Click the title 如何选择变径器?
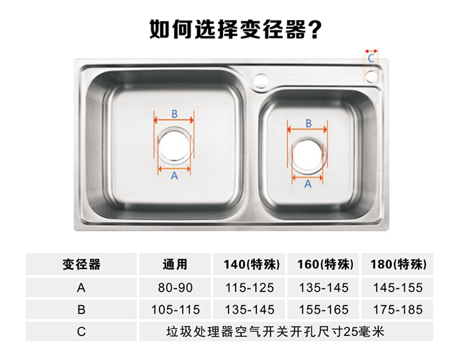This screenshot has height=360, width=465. coord(235,30)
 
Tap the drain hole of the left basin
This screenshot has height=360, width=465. coord(174,146)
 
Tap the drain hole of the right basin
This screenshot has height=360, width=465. coord(307,155)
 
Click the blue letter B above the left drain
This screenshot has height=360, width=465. coord(174,114)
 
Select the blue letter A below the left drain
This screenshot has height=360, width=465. coord(174,175)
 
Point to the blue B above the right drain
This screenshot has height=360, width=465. coord(309,123)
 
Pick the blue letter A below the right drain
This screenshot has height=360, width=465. coord(308,184)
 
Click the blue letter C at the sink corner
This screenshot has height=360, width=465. coord(371,58)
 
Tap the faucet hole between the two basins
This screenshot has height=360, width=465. coord(261,80)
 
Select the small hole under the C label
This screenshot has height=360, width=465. coord(371,76)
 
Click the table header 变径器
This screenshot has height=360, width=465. coord(81,265)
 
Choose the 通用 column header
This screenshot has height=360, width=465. coord(175,265)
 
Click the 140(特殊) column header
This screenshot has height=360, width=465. coord(251,265)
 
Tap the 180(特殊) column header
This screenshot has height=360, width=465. coord(398,265)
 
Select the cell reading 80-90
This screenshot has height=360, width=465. coord(175,287)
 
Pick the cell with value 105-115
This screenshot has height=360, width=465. coord(176,310)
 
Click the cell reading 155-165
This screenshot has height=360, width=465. coord(324,310)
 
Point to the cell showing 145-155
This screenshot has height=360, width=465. coord(398,287)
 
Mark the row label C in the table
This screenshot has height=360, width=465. coord(81,332)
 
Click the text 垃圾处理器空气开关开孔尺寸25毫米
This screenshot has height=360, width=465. coord(275,332)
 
